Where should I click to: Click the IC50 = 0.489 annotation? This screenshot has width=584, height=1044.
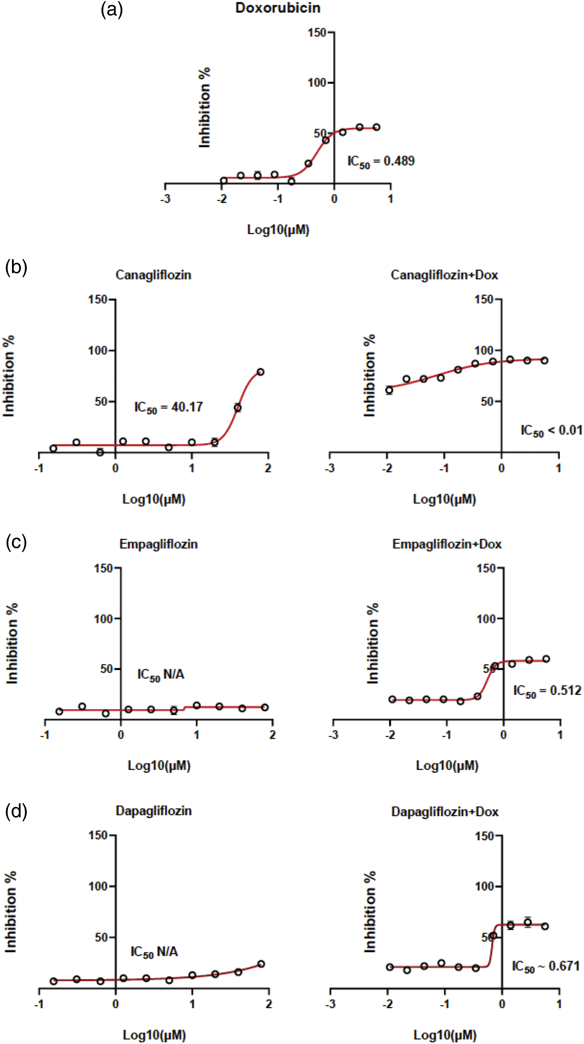coord(381,162)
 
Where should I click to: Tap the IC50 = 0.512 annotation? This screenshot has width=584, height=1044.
coord(547,690)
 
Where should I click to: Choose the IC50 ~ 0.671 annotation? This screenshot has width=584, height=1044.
coord(546,967)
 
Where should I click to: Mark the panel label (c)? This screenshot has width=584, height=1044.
coord(16,542)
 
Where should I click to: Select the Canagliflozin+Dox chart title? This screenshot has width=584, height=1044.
coord(444,275)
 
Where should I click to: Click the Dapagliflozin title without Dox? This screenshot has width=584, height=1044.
coord(154,811)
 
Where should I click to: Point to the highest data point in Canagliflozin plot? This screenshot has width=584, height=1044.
coord(260,372)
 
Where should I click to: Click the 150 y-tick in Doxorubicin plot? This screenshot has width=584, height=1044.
coord(317,32)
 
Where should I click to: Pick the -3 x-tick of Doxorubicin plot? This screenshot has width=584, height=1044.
coord(165,199)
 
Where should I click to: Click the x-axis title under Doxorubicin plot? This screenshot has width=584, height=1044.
coord(278,230)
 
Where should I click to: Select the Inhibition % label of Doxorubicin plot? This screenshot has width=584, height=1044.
coord(205,107)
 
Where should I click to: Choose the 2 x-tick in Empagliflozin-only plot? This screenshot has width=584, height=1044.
coord(272,734)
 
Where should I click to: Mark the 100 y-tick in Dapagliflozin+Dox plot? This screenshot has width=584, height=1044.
coord(484,886)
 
